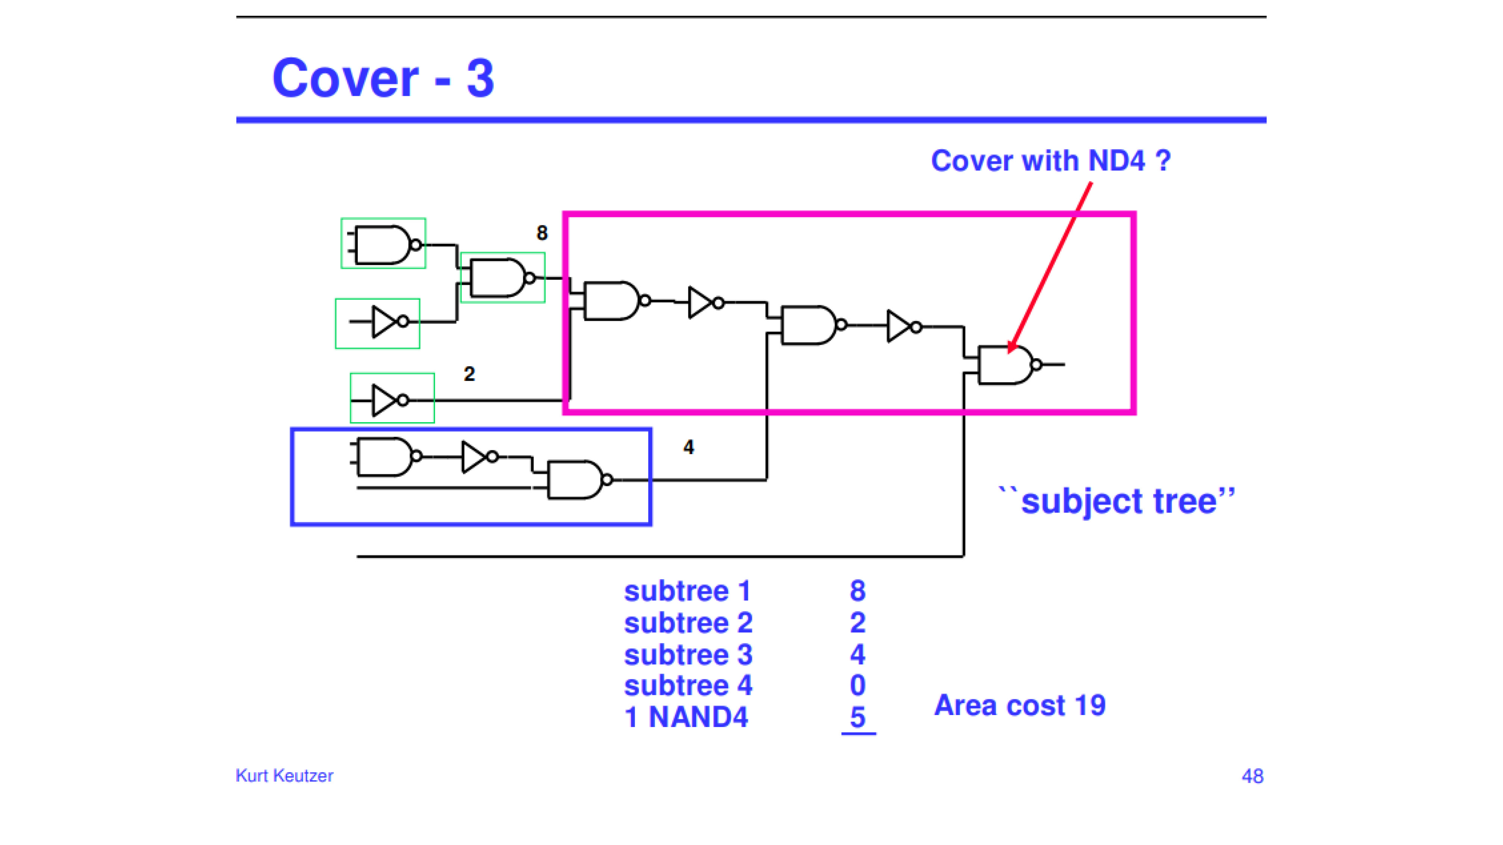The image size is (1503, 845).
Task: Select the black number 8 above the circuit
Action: click(542, 233)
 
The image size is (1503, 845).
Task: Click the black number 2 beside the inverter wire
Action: click(469, 374)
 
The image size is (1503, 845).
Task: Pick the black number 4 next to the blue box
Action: click(688, 447)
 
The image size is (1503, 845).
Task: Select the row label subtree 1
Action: click(687, 591)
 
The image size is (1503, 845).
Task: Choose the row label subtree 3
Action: click(688, 654)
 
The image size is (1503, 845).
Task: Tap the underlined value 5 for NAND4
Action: click(858, 717)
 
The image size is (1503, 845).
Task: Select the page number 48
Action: click(1252, 776)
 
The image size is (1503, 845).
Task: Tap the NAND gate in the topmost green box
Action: click(384, 244)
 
